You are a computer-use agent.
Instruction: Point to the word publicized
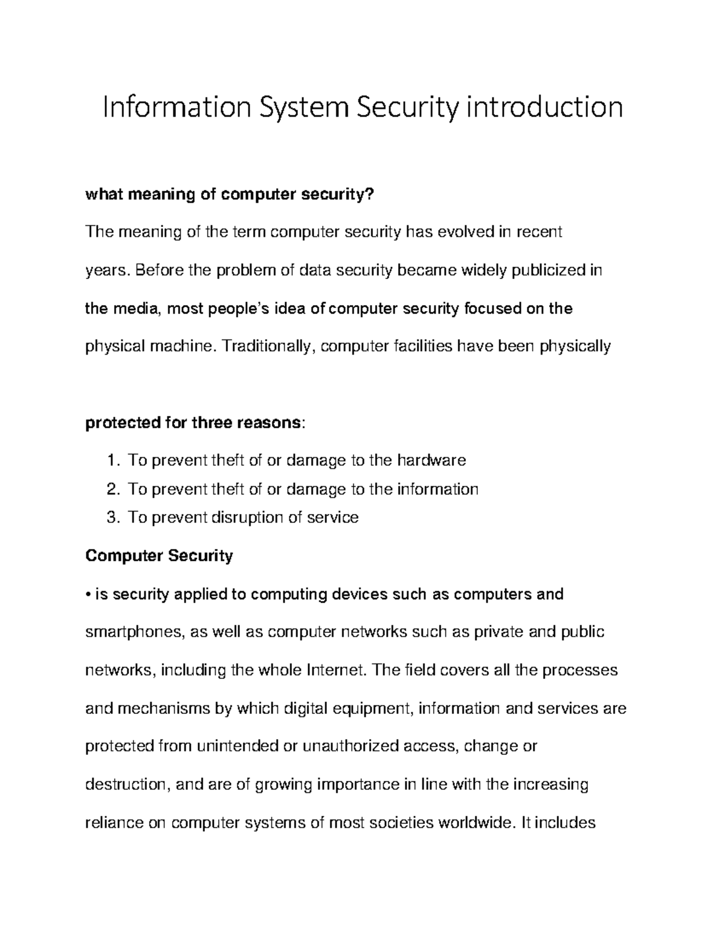pos(548,270)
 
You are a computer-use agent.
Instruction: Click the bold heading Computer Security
pos(159,556)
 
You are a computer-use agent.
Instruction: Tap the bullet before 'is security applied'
pos(88,595)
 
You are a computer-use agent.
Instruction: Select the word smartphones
pos(134,632)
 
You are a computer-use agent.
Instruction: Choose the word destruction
pos(129,785)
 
